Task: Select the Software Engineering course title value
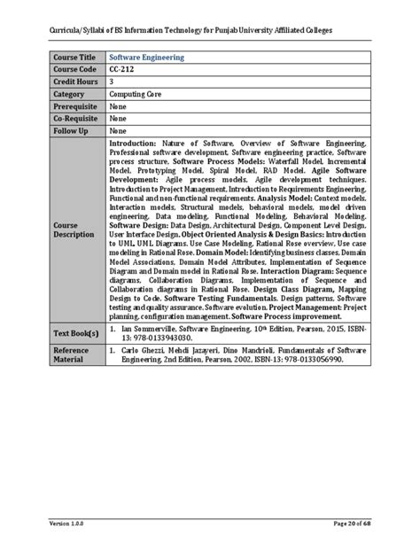[147, 57]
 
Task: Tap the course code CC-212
[123, 72]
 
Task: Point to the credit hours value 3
[113, 87]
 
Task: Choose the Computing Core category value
[136, 102]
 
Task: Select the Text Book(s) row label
[76, 333]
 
